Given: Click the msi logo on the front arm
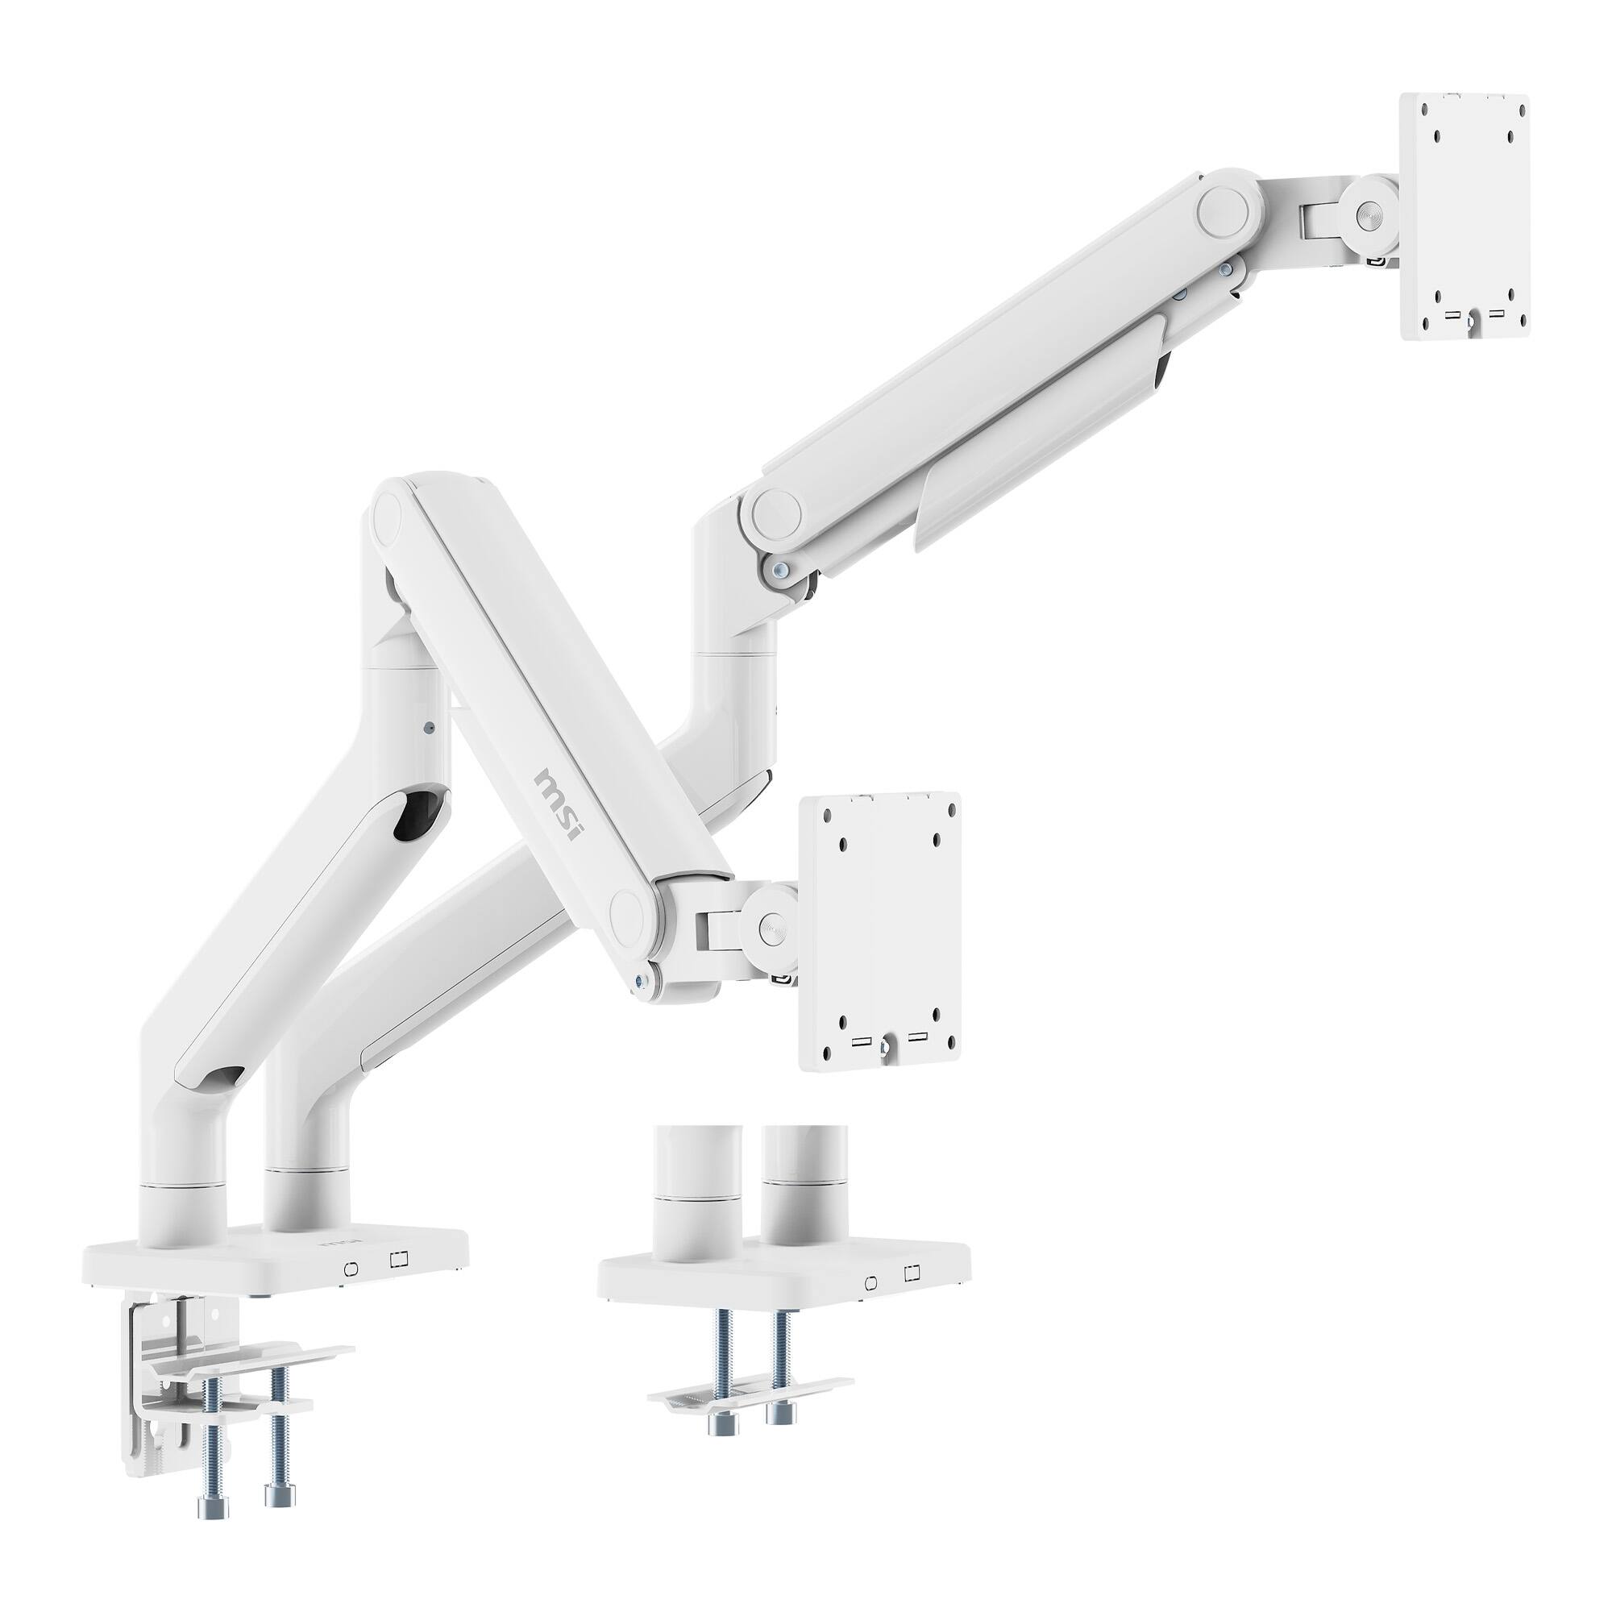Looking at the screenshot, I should click(560, 806).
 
